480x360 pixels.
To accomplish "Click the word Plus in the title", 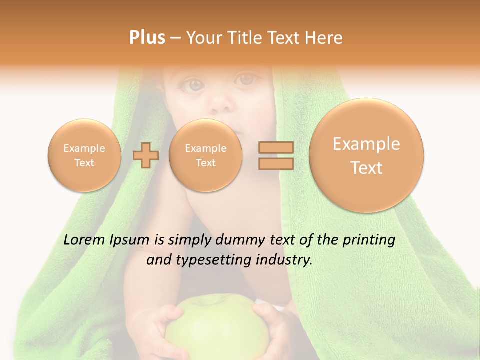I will (x=147, y=38).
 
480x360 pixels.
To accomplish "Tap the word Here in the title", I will (x=325, y=38).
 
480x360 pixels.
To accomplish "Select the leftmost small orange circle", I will (x=84, y=155).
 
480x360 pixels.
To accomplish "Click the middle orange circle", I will (x=205, y=155).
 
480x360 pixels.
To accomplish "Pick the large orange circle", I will (x=366, y=155).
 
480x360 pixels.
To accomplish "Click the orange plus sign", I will (x=145, y=155).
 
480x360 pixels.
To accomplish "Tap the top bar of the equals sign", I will (x=275, y=147).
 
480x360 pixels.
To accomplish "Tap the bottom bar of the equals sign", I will (x=275, y=164).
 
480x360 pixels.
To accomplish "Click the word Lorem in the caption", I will (x=84, y=240).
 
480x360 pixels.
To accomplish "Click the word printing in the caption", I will (x=368, y=240).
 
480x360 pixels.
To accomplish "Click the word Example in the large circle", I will (x=366, y=144).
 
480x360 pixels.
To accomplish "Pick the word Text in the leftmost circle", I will (x=84, y=163).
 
